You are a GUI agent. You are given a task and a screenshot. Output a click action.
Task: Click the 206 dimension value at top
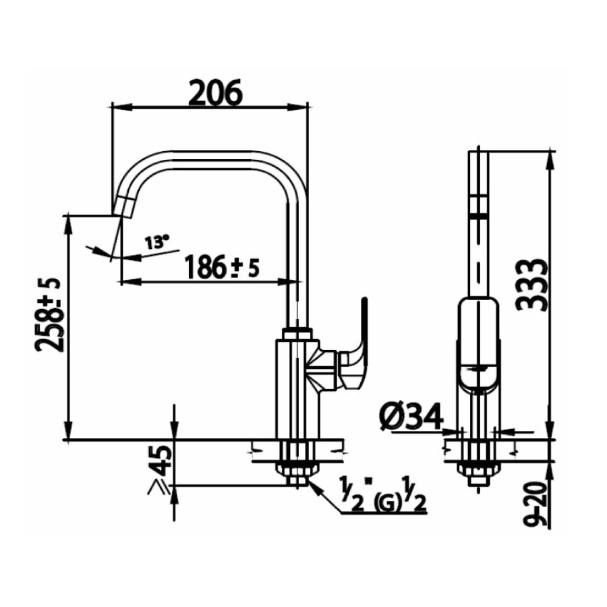pos(214,93)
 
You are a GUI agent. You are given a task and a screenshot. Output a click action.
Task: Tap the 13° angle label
pos(157,242)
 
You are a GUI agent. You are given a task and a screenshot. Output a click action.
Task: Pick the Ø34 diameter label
pos(410,417)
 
